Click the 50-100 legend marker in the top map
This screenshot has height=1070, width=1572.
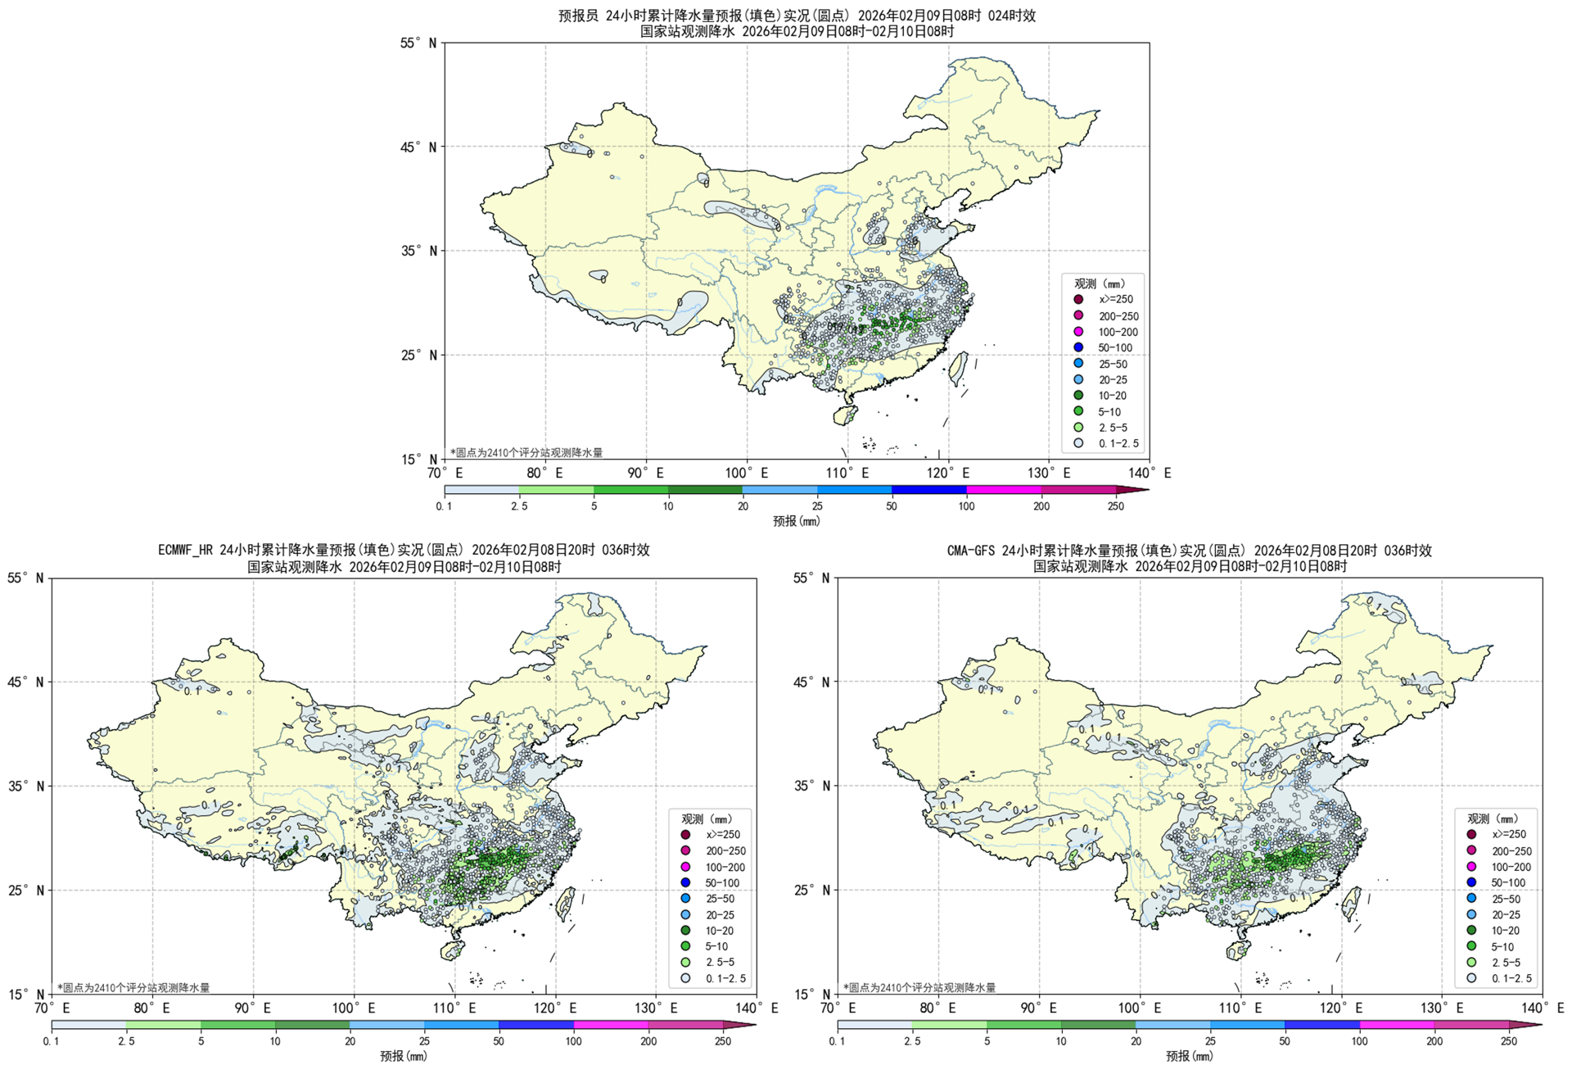pyautogui.click(x=1078, y=347)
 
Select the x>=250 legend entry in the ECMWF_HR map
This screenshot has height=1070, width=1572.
pyautogui.click(x=685, y=834)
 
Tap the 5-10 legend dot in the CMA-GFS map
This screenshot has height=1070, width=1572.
pyautogui.click(x=1471, y=946)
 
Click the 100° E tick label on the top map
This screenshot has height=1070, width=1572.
pyautogui.click(x=746, y=473)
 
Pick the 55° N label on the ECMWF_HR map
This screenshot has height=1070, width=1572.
pyautogui.click(x=26, y=578)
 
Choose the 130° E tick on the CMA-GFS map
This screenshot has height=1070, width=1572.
pyautogui.click(x=1443, y=1008)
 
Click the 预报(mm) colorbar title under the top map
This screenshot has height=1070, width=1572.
pyautogui.click(x=796, y=521)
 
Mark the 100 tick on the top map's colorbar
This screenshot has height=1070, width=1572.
pyautogui.click(x=966, y=506)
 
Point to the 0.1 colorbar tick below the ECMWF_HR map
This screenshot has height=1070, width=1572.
pyautogui.click(x=51, y=1041)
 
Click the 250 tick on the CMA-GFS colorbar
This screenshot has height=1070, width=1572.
pyautogui.click(x=1509, y=1041)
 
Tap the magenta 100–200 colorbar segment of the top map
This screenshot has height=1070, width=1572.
pyautogui.click(x=1004, y=490)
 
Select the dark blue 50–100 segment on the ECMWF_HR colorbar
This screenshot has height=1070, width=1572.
pyautogui.click(x=536, y=1025)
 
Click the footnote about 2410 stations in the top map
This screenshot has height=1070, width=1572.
pyautogui.click(x=526, y=452)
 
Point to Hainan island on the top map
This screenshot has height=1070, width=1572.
pyautogui.click(x=845, y=415)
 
